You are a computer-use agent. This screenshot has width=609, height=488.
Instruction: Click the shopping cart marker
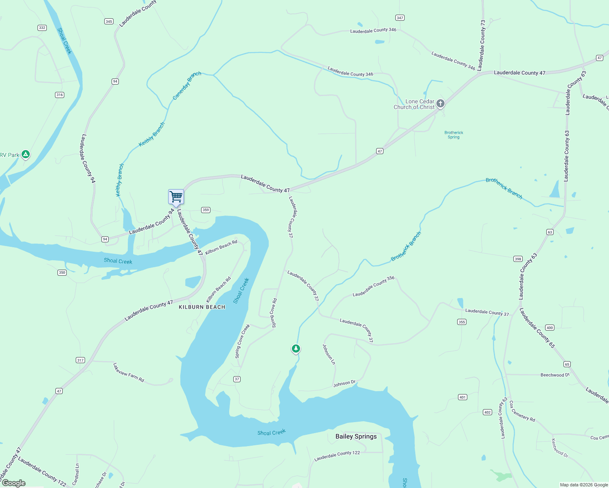point(176,197)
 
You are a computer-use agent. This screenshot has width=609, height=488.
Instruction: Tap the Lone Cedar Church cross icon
point(440,104)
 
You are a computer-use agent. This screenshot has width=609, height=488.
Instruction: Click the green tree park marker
point(296,349)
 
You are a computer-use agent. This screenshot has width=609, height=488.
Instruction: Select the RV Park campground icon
point(25,154)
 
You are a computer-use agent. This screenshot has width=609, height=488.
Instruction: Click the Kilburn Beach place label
point(202,307)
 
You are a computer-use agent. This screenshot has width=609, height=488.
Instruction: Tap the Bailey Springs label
point(356,436)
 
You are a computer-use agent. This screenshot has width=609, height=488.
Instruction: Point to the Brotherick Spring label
point(453,135)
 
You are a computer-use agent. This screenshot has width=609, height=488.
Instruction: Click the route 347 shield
point(400,17)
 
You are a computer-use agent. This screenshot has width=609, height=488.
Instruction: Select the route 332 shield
point(42,28)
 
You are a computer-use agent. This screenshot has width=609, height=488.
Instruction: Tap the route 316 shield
point(60,95)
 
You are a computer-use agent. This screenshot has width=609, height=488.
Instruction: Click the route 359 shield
point(206,210)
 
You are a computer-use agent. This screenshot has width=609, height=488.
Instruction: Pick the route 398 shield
point(518,259)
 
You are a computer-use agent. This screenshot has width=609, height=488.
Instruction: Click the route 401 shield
point(462,397)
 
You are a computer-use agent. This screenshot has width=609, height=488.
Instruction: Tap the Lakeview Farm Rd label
point(129,373)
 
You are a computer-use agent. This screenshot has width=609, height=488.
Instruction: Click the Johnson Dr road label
point(344,383)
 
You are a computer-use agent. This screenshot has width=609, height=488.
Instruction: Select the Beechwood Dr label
point(555,375)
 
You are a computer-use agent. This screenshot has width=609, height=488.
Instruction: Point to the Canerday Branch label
point(187,85)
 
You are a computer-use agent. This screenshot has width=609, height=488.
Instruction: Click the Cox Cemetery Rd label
point(522,411)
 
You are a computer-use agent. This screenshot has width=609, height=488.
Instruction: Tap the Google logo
point(13,483)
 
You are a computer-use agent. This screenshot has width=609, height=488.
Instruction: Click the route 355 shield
point(462,322)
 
